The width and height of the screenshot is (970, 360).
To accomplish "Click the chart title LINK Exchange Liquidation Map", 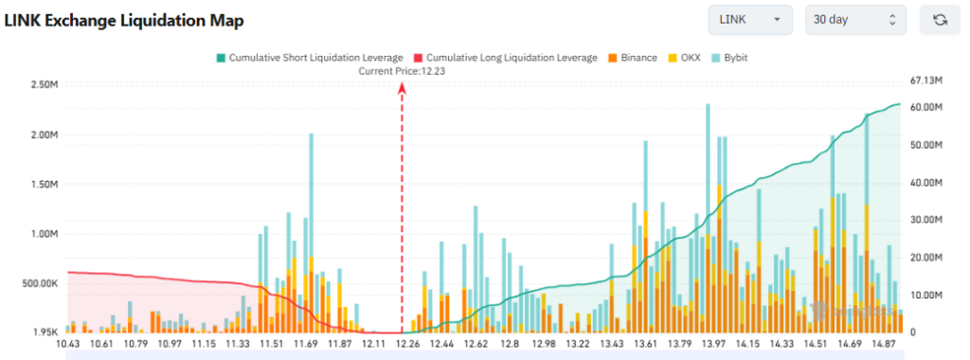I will (x=124, y=19).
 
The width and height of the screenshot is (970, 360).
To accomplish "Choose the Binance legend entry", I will (x=632, y=58).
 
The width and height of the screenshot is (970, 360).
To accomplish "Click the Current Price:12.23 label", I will (x=403, y=71).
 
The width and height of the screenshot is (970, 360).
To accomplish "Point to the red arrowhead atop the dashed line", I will (x=403, y=87).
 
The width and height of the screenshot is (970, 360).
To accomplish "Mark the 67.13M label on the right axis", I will (x=925, y=81).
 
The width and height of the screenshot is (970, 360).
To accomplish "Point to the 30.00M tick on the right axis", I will (x=925, y=220).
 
